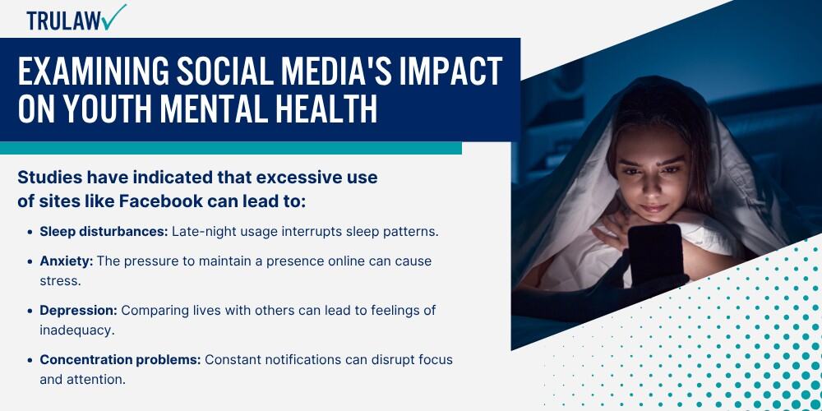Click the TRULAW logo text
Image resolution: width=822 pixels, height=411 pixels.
[64, 21]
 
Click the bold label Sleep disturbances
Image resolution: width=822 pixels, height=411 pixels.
[104, 232]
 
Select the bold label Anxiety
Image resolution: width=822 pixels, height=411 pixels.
[67, 261]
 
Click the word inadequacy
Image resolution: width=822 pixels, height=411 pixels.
[77, 330]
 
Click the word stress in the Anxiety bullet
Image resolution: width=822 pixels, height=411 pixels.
[60, 281]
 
